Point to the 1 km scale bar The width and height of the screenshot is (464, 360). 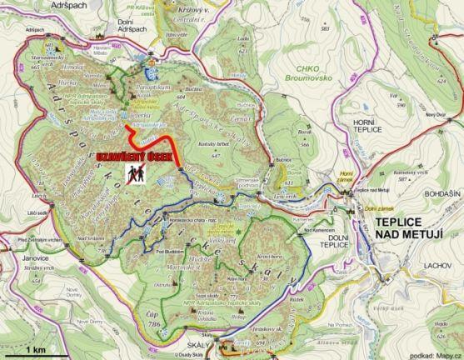point(32,344)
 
